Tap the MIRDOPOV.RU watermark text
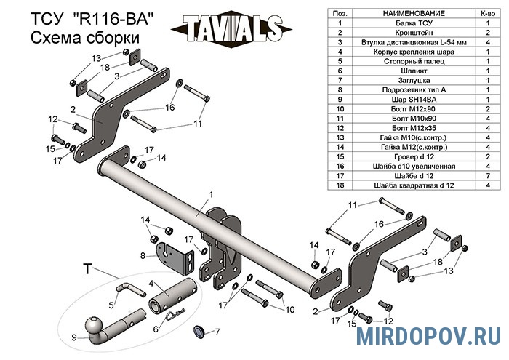click(x=429, y=336)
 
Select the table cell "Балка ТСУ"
click(x=397, y=23)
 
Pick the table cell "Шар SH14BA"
click(x=397, y=98)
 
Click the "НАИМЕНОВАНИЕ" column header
click(x=397, y=13)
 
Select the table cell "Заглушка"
click(x=397, y=80)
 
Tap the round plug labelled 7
click(x=198, y=332)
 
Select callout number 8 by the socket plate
click(x=143, y=255)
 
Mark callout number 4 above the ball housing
click(x=151, y=283)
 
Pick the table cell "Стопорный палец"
click(x=397, y=61)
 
